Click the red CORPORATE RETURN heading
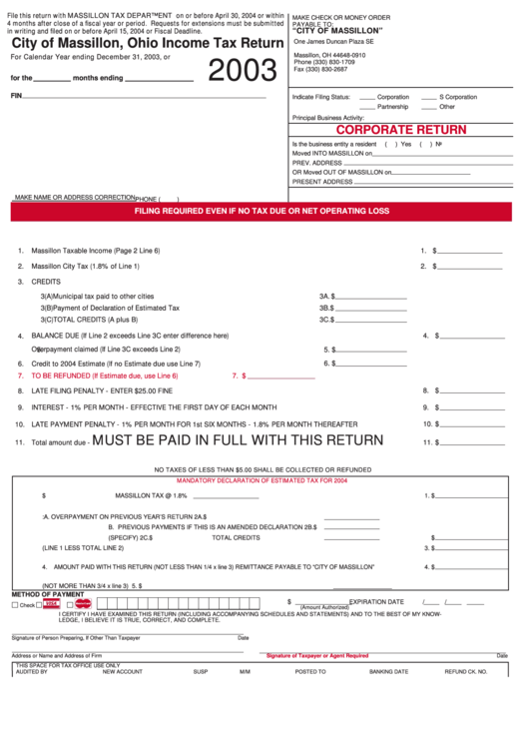[401, 130]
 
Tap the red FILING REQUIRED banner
[262, 212]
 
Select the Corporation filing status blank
[367, 97]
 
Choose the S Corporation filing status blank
[429, 97]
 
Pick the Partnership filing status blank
[367, 106]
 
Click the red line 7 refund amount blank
[284, 376]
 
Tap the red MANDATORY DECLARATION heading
[262, 480]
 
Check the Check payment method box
[15, 605]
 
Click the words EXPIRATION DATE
[376, 602]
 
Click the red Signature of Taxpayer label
[316, 656]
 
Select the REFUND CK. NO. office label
[465, 672]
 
